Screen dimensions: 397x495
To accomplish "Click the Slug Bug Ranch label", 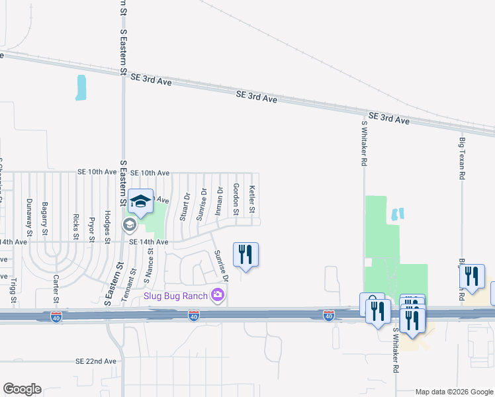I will point(176,295).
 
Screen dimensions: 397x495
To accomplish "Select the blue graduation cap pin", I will point(140,201).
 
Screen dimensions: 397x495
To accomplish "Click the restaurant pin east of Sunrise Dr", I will point(246,255).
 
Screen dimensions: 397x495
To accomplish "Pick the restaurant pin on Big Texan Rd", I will point(472,277).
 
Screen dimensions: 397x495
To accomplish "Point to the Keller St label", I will point(251,198).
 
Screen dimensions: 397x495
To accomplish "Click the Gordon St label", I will point(236,198).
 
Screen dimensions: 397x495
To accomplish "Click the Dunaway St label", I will point(29,218).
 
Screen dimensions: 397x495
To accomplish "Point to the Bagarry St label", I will point(45,219).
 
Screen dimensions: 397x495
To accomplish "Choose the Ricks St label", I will point(77,226).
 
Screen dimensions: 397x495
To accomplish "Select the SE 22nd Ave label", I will point(96,361).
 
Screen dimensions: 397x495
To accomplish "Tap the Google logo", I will point(22,389).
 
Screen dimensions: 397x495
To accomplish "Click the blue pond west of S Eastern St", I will point(81,87).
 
